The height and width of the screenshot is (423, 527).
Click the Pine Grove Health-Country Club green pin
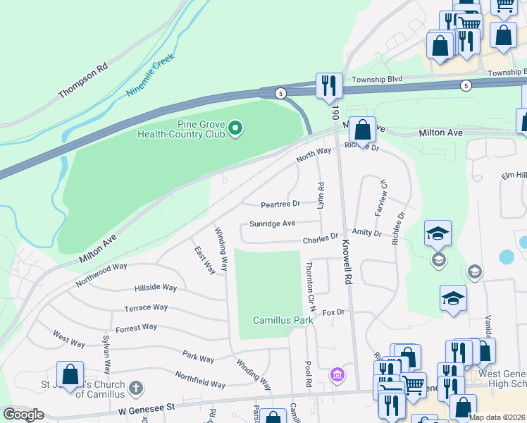(237, 128)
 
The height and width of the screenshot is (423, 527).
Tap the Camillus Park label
(283, 320)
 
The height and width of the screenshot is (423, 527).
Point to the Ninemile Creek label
(150, 76)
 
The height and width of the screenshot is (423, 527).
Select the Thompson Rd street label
(83, 79)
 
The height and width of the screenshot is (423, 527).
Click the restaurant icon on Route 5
(329, 85)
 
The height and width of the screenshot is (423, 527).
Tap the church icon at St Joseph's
(136, 388)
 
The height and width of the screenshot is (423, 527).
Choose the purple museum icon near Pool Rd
(337, 373)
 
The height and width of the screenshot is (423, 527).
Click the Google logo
(23, 415)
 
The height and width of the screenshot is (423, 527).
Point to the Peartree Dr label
(280, 204)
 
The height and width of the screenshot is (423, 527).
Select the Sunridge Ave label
(272, 223)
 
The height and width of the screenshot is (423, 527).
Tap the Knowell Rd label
(346, 259)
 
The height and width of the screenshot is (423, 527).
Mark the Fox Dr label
(333, 312)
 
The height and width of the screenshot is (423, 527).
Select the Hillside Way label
(155, 288)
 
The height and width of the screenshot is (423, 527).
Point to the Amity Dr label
(366, 233)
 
